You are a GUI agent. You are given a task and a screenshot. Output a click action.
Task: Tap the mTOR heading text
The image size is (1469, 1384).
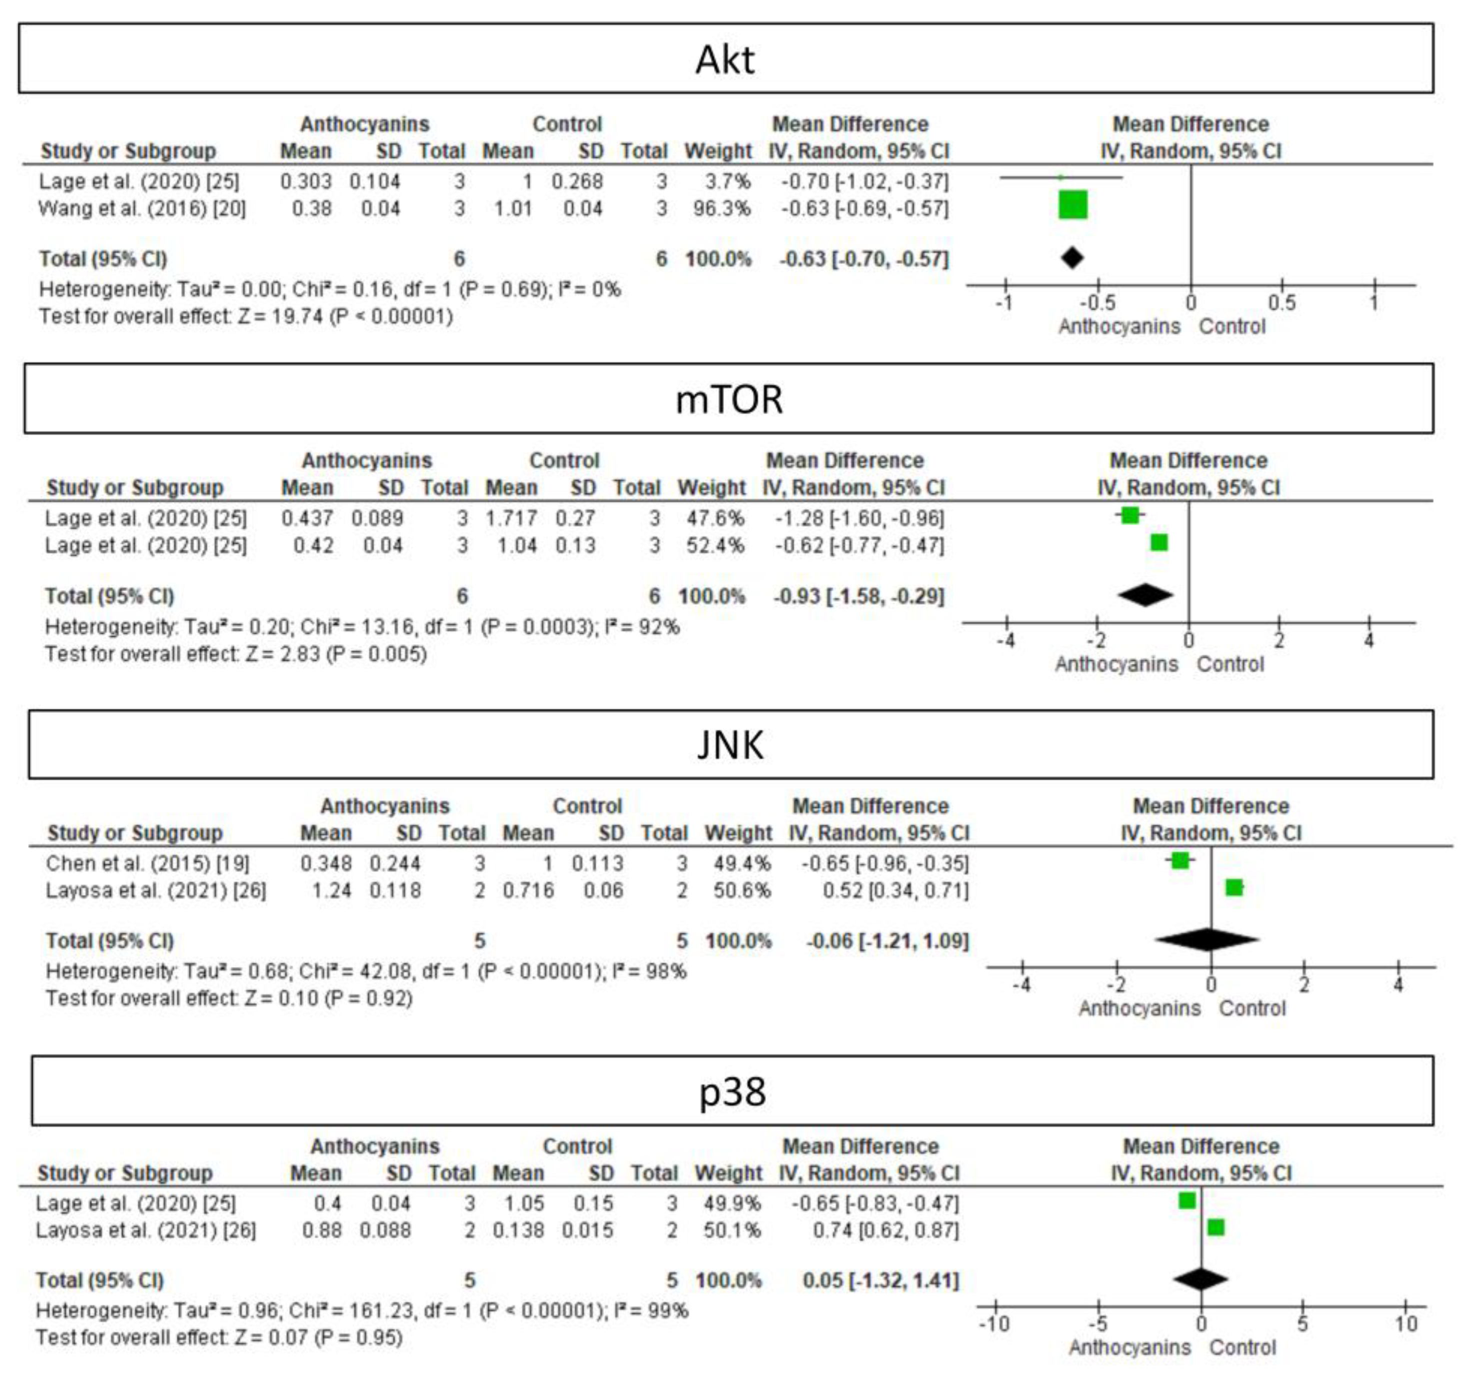click(729, 400)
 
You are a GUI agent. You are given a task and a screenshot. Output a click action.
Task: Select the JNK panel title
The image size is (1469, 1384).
click(730, 745)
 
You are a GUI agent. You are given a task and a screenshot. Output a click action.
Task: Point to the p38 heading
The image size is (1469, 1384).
click(732, 1091)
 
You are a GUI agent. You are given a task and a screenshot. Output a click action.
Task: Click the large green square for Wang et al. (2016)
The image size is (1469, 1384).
click(1072, 205)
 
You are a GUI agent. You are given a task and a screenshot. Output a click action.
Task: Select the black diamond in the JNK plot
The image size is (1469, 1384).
click(1207, 940)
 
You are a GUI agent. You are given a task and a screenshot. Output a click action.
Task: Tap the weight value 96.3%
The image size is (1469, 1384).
click(721, 209)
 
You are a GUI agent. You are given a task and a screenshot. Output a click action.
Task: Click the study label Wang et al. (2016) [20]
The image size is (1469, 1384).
click(142, 209)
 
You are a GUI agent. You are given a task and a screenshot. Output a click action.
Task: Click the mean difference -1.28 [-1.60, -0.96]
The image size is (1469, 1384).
click(859, 519)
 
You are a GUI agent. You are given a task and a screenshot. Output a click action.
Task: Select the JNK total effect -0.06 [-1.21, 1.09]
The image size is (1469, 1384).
click(887, 941)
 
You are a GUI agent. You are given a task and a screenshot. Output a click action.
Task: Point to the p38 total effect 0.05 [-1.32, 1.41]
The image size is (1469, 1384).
click(880, 1280)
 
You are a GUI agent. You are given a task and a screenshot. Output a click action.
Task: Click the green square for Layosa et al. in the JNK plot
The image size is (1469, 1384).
click(1234, 887)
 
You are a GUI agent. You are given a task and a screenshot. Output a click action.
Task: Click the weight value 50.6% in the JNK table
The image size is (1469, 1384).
click(741, 890)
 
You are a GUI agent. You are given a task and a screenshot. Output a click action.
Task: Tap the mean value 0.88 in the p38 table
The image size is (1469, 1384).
click(322, 1230)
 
